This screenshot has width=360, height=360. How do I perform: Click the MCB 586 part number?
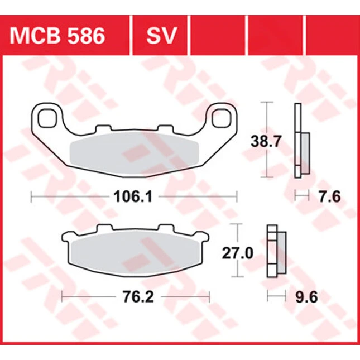(57, 36)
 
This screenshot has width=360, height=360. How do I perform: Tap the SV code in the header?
(161, 36)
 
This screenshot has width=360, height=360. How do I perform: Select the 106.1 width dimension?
(133, 197)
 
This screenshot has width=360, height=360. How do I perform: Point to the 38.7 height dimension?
(266, 141)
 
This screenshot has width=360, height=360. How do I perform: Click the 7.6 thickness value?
(329, 197)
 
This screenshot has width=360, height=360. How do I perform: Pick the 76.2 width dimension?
(138, 296)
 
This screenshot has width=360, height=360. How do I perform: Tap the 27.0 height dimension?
(238, 253)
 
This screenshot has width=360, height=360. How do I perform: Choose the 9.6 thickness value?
(306, 297)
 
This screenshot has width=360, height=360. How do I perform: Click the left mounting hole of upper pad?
(47, 118)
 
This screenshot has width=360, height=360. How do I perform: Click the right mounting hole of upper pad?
(222, 118)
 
